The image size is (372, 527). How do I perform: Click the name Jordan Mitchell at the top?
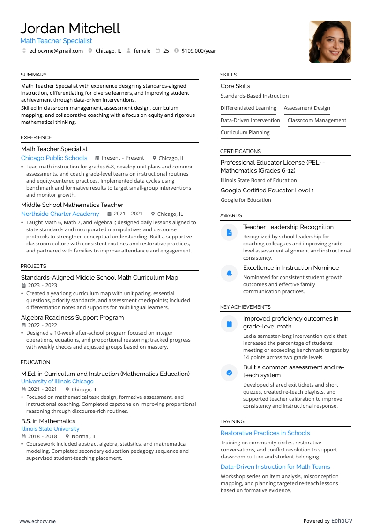click(x=70, y=28)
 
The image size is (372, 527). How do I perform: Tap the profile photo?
click(x=330, y=42)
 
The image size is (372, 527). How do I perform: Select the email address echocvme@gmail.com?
click(x=56, y=51)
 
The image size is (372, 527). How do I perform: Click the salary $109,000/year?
click(x=199, y=51)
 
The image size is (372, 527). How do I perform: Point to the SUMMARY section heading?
click(x=33, y=75)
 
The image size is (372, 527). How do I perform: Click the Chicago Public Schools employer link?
click(x=54, y=158)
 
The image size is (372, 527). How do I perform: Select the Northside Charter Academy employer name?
click(x=60, y=214)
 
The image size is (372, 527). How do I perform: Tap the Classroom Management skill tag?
click(x=317, y=120)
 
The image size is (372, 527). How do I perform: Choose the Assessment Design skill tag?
click(x=307, y=108)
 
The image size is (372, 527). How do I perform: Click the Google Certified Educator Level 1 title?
click(x=267, y=191)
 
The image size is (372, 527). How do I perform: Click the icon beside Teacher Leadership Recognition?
click(x=229, y=232)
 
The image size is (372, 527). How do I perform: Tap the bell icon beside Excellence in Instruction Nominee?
click(x=229, y=273)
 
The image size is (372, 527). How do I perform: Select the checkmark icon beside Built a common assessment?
click(x=229, y=373)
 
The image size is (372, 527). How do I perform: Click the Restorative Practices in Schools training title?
click(x=265, y=433)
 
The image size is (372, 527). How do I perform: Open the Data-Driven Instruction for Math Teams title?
click(x=275, y=467)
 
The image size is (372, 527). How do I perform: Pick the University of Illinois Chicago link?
click(x=57, y=382)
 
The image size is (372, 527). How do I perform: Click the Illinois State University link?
click(x=50, y=429)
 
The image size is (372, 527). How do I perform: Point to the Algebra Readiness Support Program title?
click(x=72, y=318)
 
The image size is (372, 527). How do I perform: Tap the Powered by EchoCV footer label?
click(x=327, y=521)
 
